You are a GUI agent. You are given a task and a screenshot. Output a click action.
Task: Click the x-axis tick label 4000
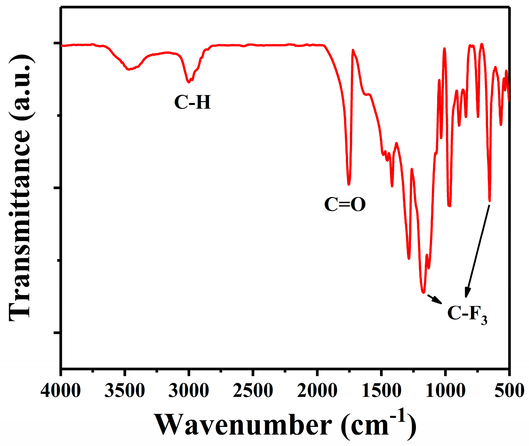[61, 391]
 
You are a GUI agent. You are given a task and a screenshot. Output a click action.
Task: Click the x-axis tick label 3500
[125, 391]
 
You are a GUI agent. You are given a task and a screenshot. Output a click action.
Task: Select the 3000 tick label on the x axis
[189, 391]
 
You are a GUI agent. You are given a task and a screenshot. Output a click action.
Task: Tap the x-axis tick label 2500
[253, 391]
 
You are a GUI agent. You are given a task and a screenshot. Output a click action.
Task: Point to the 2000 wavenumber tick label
[317, 391]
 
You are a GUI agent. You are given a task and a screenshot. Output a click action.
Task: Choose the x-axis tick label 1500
[381, 391]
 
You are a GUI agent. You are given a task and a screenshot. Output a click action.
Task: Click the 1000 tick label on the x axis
[445, 391]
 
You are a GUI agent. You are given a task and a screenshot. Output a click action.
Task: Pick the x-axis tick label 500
[509, 391]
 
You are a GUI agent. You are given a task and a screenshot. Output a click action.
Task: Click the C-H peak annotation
[193, 102]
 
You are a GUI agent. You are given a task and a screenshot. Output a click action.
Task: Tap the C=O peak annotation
[345, 204]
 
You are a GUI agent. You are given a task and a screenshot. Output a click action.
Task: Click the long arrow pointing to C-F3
[478, 251]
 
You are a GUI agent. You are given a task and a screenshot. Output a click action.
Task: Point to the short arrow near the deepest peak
[435, 299]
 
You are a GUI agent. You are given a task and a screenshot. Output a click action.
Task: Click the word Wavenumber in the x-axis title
[243, 425]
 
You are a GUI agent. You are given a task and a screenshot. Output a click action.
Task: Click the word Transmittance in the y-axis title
[20, 224]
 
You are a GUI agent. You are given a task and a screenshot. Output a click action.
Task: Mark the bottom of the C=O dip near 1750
[349, 184]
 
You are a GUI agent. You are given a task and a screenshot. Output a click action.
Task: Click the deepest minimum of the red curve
[423, 292]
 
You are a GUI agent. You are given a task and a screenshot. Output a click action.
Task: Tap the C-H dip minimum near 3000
[189, 82]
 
